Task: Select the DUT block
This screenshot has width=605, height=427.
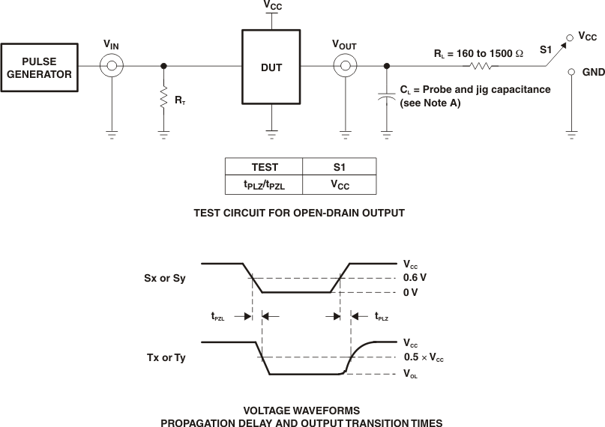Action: click(x=271, y=67)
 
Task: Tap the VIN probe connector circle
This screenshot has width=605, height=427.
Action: click(x=112, y=66)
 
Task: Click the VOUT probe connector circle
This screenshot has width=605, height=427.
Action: click(x=345, y=66)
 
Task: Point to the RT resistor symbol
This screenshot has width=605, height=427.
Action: click(x=163, y=97)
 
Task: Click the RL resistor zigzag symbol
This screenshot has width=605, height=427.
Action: click(x=481, y=66)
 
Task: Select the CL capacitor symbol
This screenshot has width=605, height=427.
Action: click(x=386, y=97)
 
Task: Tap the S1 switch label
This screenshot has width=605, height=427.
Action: click(x=547, y=51)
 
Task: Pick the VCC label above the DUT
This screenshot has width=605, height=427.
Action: click(x=272, y=5)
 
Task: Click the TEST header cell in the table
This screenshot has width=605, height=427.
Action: click(x=264, y=167)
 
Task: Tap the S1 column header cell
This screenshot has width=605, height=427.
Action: click(x=339, y=167)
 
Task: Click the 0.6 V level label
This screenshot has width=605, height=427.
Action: click(x=415, y=277)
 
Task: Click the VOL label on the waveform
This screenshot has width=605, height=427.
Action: click(x=410, y=375)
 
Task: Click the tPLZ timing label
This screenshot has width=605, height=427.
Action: click(x=381, y=318)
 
